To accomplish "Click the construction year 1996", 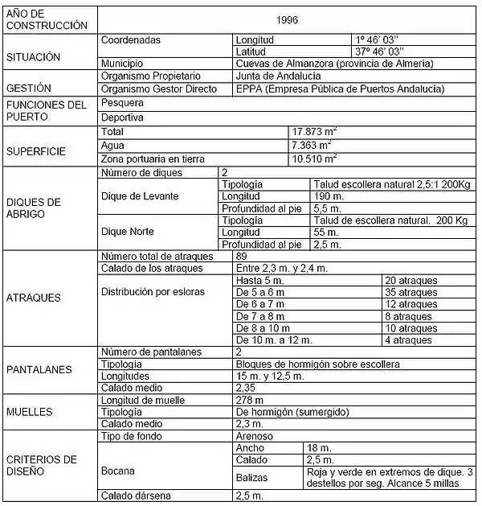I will pyautogui.click(x=288, y=19).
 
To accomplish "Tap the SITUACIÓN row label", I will pyautogui.click(x=33, y=57).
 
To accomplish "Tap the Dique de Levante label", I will pyautogui.click(x=140, y=196).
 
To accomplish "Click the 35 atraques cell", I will pyautogui.click(x=411, y=293).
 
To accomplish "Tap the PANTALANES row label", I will pyautogui.click(x=39, y=370).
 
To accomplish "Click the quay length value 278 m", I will pyautogui.click(x=250, y=400).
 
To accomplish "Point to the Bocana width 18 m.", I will pyautogui.click(x=321, y=447).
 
